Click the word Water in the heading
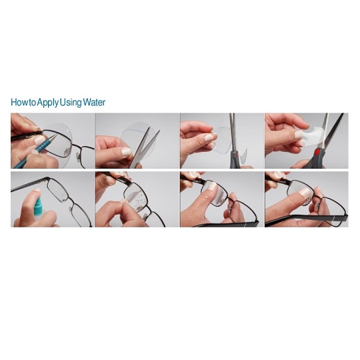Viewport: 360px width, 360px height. tap(94, 102)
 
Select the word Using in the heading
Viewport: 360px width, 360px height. tap(71, 103)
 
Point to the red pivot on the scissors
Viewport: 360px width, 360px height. tap(317, 152)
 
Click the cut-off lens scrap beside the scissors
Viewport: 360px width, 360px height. tap(243, 155)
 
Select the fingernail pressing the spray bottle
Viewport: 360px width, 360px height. tap(37, 190)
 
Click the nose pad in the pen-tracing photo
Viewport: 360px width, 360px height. tap(67, 151)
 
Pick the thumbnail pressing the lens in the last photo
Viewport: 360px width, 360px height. tap(305, 192)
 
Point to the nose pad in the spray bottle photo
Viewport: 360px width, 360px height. tap(71, 209)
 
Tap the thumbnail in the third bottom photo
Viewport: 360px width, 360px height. tap(213, 186)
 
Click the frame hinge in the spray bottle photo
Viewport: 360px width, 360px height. tap(47, 179)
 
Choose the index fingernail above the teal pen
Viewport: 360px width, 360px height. tap(39, 139)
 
